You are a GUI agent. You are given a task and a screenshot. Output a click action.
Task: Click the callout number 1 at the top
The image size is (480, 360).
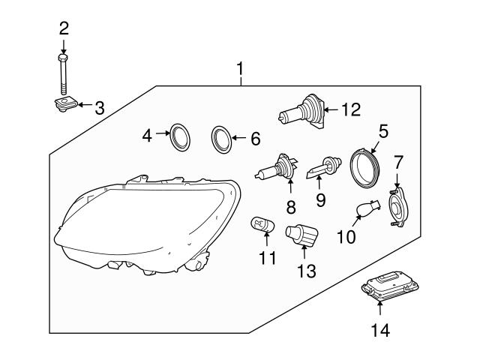pyautogui.click(x=240, y=70)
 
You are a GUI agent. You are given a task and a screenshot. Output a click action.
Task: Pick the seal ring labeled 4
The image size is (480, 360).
pyautogui.click(x=178, y=136)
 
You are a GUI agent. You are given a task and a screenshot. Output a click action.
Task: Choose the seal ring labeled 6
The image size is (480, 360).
pyautogui.click(x=221, y=138)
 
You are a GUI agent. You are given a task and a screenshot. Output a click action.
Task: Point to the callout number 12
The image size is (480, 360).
pyautogui.click(x=350, y=109)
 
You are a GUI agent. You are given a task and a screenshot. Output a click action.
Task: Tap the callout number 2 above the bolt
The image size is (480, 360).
pyautogui.click(x=64, y=28)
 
